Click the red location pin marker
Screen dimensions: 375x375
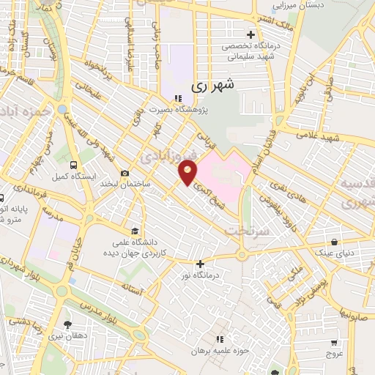[188, 174]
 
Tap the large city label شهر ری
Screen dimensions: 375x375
[217, 86]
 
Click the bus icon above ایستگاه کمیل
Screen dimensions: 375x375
[73, 165]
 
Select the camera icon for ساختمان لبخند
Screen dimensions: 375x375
[125, 173]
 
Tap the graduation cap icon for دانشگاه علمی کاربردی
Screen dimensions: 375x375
[133, 229]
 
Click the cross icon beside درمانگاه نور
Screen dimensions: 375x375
[199, 264]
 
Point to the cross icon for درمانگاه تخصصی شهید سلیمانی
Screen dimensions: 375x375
[250, 34]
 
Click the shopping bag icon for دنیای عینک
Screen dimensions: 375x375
[334, 242]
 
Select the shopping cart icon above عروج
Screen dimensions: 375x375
[334, 342]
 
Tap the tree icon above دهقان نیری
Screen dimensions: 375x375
[68, 324]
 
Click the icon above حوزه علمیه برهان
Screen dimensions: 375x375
[218, 338]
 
